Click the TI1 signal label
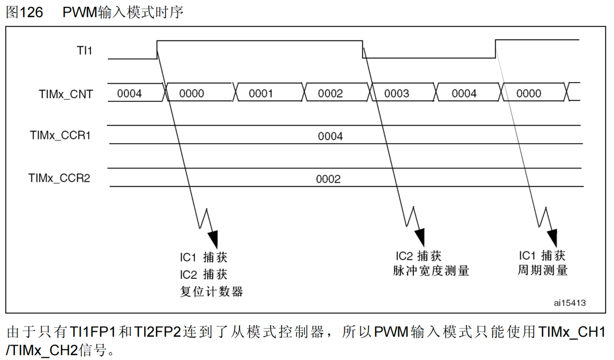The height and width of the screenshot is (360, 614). point(84,51)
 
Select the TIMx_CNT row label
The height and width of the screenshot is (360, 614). point(66,94)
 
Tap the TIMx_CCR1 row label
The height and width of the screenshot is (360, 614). point(60,136)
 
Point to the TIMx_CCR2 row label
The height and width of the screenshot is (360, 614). point(59,178)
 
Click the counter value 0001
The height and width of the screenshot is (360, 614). point(261,94)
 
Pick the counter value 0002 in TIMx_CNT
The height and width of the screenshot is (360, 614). point(330,94)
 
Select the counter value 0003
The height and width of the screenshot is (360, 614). point(396,94)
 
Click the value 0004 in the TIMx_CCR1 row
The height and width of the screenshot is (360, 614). point(330,136)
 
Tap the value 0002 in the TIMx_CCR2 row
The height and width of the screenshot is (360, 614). point(328,179)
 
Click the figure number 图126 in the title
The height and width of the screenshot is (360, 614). point(24,12)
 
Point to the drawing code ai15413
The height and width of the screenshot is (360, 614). point(569,303)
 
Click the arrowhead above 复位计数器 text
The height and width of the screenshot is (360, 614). point(213,238)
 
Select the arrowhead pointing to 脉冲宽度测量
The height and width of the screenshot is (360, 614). point(419,236)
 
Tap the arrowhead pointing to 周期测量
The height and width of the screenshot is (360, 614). point(553,236)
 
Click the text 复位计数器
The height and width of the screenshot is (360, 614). point(211,292)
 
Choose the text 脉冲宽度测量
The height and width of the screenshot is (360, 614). point(431,271)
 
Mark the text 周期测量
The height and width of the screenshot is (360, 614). point(542,270)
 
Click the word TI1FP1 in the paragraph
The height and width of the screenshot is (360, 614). point(93,333)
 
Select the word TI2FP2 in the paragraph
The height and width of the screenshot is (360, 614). point(158,333)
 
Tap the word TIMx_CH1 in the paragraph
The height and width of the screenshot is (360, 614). point(572,333)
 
